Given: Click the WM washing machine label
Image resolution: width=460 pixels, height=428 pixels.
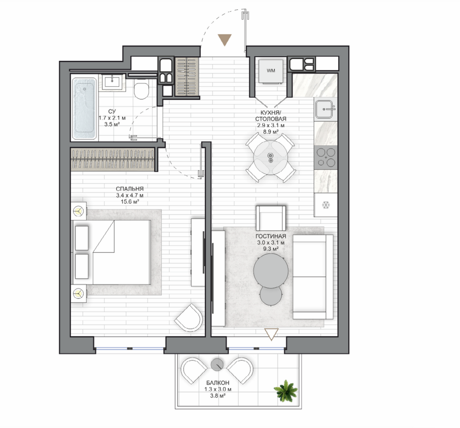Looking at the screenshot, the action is (271, 71).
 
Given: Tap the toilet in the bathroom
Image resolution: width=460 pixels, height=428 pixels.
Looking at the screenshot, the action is (141, 89).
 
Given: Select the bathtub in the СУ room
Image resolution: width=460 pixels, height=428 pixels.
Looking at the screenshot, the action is (84, 108).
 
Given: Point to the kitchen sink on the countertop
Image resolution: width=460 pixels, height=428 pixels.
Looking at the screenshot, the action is (325, 109).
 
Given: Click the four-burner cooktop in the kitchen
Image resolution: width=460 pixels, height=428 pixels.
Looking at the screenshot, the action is (326, 157).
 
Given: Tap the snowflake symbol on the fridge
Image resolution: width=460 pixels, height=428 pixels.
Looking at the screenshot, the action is (326, 205).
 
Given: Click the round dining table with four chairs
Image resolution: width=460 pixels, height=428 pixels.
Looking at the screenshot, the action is (271, 158).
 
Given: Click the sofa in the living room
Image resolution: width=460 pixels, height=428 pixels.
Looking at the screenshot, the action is (313, 277).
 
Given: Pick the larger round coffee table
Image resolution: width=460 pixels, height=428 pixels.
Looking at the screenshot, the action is (271, 271).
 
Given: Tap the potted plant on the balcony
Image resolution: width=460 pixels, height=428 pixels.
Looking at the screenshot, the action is (285, 391).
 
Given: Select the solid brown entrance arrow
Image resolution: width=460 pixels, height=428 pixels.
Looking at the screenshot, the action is (225, 40).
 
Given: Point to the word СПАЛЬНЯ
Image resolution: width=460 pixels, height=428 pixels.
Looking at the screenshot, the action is (130, 189).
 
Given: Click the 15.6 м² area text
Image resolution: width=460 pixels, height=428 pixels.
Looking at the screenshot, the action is (130, 202).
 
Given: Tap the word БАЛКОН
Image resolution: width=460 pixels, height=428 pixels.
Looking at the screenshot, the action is (218, 383).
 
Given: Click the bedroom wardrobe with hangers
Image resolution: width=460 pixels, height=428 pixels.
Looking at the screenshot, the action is (113, 160).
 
